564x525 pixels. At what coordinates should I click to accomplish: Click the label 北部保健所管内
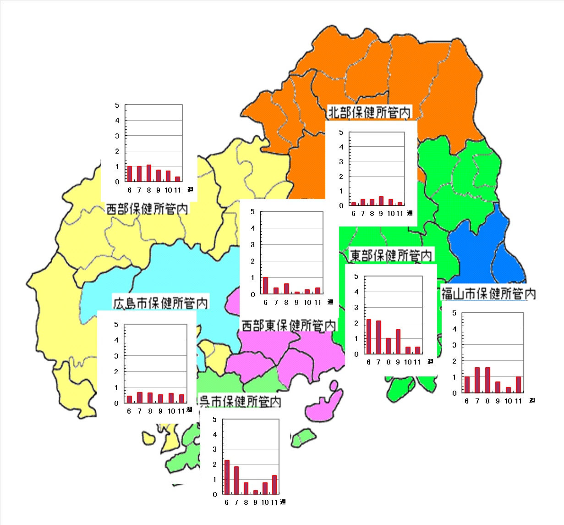coord(370,112)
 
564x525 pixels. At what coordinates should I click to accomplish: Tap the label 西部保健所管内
coord(147,209)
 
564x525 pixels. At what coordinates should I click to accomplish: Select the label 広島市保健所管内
coord(160,303)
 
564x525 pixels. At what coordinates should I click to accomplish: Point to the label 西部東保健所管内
coord(289,326)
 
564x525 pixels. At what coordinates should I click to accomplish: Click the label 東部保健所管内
coord(391,255)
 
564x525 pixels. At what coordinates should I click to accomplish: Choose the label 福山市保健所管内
coord(488,293)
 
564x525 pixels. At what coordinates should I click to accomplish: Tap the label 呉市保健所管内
coord(239,402)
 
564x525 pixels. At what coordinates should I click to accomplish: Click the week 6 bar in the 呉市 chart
coord(227,477)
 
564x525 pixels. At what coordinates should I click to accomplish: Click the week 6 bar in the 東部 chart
coord(369,337)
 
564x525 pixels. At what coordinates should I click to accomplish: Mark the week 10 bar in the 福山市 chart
coord(508,390)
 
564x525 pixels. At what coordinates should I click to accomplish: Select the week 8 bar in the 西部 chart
coord(149,173)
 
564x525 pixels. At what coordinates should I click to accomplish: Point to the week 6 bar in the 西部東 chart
coord(265,285)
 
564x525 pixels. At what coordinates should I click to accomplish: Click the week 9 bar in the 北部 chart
coord(381,201)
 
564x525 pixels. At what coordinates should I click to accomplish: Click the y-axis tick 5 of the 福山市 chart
coord(454,313)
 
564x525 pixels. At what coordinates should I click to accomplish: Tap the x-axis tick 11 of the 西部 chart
coord(178,190)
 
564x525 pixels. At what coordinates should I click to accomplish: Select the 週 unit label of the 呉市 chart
coord(283,502)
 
